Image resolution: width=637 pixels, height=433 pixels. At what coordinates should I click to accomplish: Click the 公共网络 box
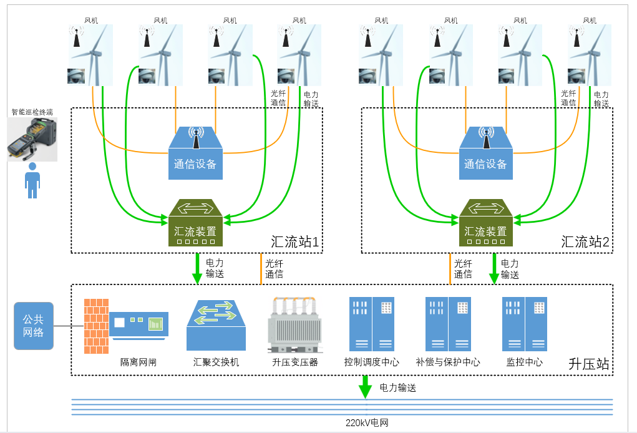click(x=34, y=326)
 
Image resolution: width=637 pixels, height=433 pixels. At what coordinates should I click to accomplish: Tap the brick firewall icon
click(x=96, y=326)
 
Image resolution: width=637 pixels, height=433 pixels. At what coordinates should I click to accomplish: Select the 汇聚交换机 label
click(x=216, y=362)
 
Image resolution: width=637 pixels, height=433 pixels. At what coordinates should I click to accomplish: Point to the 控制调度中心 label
click(x=372, y=362)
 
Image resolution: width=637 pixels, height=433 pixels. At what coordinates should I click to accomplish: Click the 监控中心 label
click(x=524, y=362)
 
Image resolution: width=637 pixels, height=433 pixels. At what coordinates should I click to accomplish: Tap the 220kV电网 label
click(x=367, y=423)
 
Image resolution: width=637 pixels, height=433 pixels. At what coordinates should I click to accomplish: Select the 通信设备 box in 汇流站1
click(x=195, y=155)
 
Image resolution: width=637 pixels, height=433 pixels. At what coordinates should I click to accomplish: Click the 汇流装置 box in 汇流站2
click(x=485, y=223)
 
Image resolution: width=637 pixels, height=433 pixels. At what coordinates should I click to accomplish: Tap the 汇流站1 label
click(x=296, y=242)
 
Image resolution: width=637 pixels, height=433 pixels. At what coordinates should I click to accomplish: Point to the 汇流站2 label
click(x=585, y=242)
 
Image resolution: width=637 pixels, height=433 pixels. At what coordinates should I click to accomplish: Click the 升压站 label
click(x=589, y=364)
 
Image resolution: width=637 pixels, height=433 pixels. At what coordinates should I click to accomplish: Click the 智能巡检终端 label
click(x=32, y=112)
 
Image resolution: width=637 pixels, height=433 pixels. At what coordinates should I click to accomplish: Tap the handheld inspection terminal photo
click(x=32, y=139)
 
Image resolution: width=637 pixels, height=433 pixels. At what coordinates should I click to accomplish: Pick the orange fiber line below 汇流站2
click(x=449, y=269)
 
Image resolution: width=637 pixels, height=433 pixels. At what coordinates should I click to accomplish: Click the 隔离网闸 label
click(x=139, y=362)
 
